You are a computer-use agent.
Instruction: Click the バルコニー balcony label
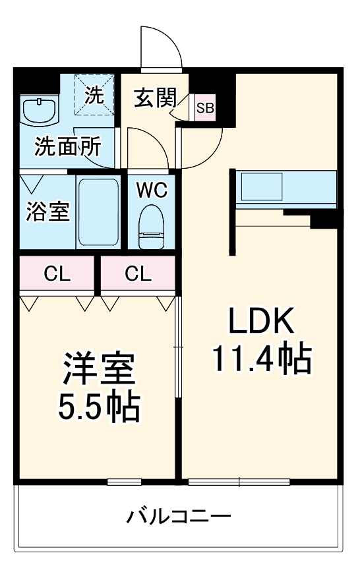[x=179, y=515]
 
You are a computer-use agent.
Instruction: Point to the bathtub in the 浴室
[x=98, y=211]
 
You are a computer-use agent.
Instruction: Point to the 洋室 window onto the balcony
[x=124, y=482]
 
